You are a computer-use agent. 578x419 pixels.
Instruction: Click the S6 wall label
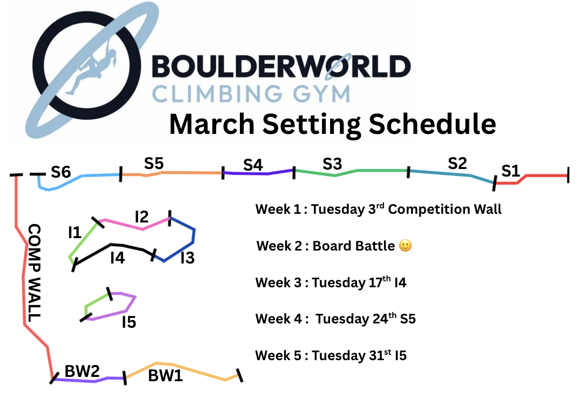(x=61, y=172)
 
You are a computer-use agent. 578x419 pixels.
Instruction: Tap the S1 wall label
(x=510, y=171)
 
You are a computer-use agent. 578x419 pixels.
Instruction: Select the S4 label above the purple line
(x=253, y=165)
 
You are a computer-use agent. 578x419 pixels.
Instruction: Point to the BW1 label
(x=165, y=376)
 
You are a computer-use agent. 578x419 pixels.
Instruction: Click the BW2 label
(x=82, y=371)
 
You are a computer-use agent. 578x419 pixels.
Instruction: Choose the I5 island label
(x=129, y=322)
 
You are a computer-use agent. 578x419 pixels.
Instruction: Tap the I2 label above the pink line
(x=142, y=217)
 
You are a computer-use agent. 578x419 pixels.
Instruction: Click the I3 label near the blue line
(x=187, y=258)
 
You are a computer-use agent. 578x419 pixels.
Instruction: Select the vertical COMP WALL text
(x=34, y=273)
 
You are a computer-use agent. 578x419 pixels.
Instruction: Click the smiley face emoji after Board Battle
(x=406, y=246)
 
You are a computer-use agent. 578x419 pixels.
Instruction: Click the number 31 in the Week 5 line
(x=376, y=356)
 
